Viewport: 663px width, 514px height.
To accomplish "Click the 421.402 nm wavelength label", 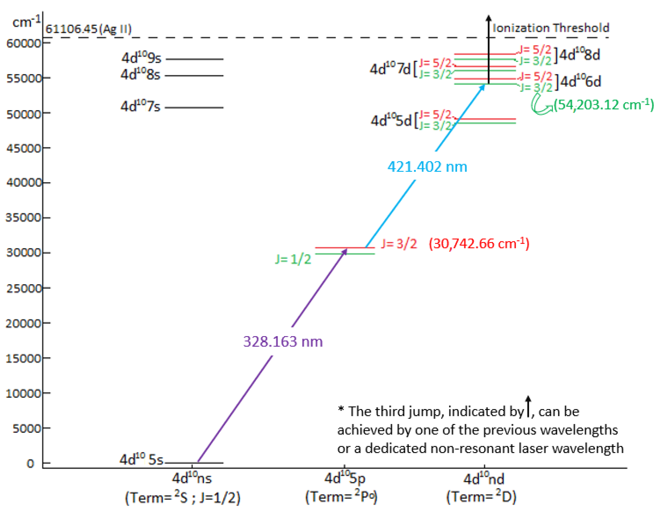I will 427,166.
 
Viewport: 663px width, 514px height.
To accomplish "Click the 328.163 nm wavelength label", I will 283,342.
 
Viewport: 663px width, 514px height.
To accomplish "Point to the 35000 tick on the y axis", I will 24,217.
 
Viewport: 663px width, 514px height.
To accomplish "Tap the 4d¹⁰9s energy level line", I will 194,59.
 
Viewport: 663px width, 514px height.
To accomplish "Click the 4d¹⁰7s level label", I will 140,106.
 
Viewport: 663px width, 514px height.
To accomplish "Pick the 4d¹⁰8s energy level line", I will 194,76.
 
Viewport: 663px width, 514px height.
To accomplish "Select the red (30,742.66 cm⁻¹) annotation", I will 479,244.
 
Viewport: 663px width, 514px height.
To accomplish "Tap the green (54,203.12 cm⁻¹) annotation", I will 603,105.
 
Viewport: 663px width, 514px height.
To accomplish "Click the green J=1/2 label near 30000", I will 293,259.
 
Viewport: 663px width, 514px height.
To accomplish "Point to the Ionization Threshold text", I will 551,28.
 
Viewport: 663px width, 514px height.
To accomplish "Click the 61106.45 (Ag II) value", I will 88,29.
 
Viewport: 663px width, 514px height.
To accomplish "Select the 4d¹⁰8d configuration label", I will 579,55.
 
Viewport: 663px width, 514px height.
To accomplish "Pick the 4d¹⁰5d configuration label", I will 391,121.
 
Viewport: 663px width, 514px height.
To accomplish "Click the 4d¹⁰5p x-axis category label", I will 345,478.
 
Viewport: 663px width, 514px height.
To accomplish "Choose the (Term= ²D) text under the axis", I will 481,497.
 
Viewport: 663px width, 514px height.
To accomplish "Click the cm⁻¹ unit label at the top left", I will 27,22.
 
